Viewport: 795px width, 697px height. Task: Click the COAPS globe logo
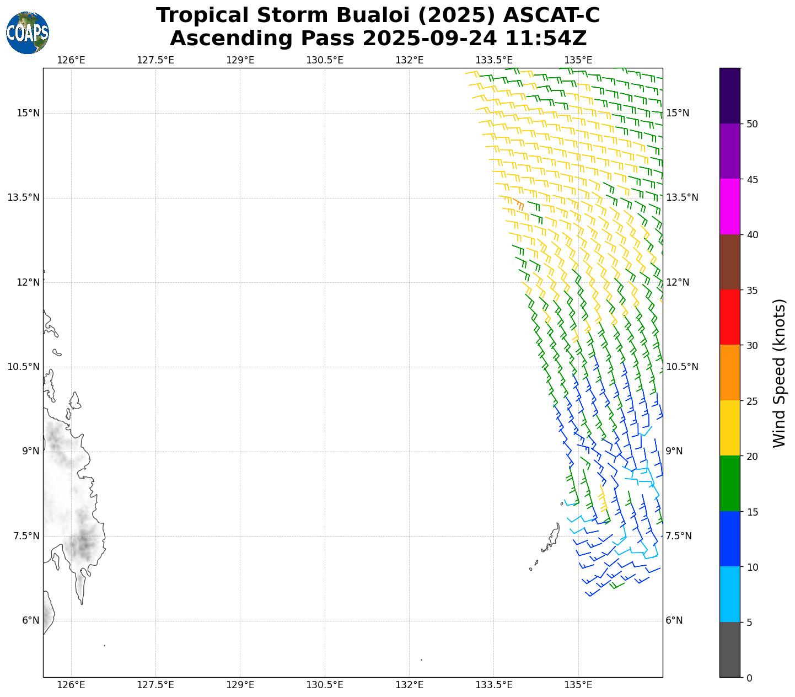click(x=28, y=33)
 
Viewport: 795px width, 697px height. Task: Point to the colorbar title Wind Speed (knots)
click(x=779, y=373)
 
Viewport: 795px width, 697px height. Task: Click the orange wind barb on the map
click(x=519, y=205)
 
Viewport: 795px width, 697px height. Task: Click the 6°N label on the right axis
click(x=674, y=620)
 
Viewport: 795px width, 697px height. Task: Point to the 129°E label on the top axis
click(x=240, y=60)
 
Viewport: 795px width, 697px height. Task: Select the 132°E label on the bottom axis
click(x=409, y=685)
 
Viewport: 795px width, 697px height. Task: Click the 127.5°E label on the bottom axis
click(x=155, y=685)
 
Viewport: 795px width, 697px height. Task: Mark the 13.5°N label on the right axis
click(x=682, y=197)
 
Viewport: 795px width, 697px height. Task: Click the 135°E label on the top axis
click(x=578, y=60)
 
